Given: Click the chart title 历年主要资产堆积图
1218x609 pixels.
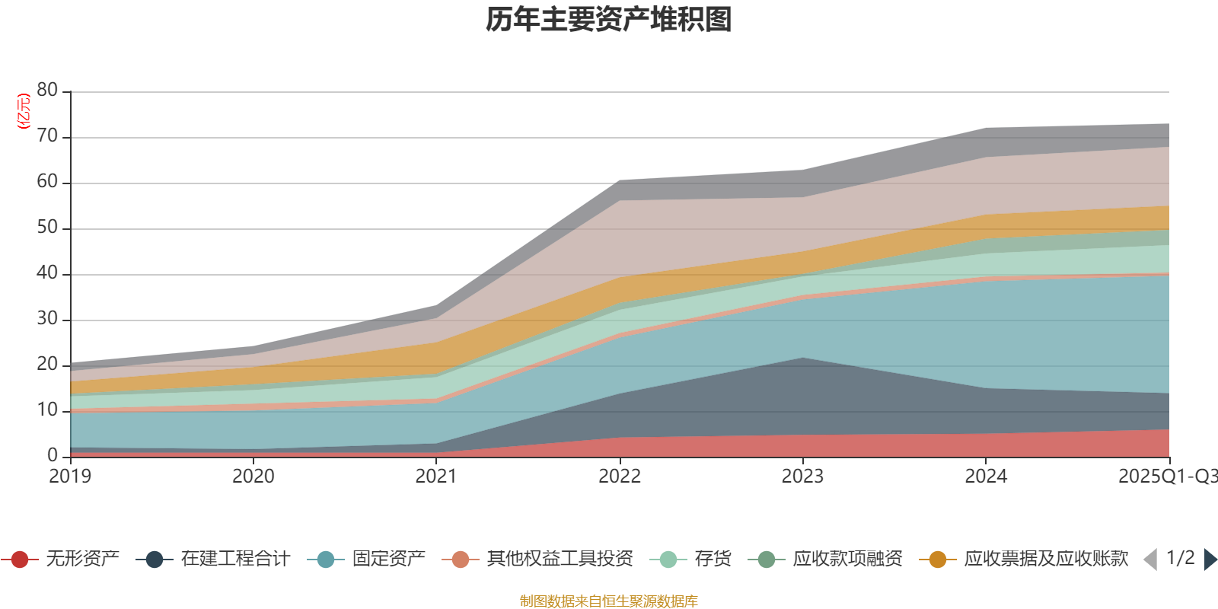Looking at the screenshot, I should point(609,20).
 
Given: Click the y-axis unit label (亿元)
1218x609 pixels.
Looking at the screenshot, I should point(24,111).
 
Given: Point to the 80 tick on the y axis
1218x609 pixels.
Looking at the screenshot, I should point(47,91).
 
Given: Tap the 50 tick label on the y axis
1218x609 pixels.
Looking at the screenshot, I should point(47,228).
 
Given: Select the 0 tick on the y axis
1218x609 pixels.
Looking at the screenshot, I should point(53,455).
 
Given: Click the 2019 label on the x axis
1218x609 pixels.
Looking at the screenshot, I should point(70,477).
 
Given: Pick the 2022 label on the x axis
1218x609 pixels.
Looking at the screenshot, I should point(620,477).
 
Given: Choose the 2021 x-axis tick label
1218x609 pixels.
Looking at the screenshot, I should point(436,477).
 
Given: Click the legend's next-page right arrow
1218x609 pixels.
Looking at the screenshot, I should point(1210,560).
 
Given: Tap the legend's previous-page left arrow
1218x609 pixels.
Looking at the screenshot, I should point(1150,560).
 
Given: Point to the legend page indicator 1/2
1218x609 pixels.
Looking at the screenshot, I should point(1181,558).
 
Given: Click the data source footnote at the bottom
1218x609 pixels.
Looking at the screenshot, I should point(609,601).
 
